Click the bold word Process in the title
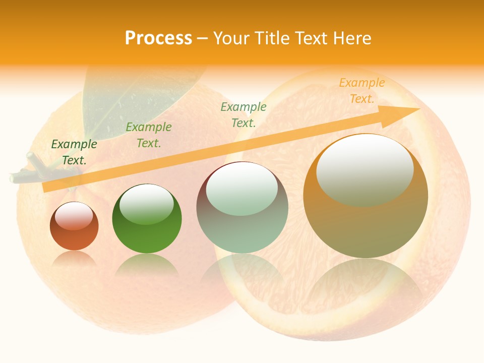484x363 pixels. point(158,38)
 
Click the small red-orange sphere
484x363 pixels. point(74,232)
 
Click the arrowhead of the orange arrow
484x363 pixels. point(403,113)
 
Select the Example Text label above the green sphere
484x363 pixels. point(149,135)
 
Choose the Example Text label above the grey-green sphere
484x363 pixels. point(244,114)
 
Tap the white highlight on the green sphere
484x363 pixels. point(146,204)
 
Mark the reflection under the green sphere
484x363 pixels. point(147,265)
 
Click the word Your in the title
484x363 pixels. point(232,38)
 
